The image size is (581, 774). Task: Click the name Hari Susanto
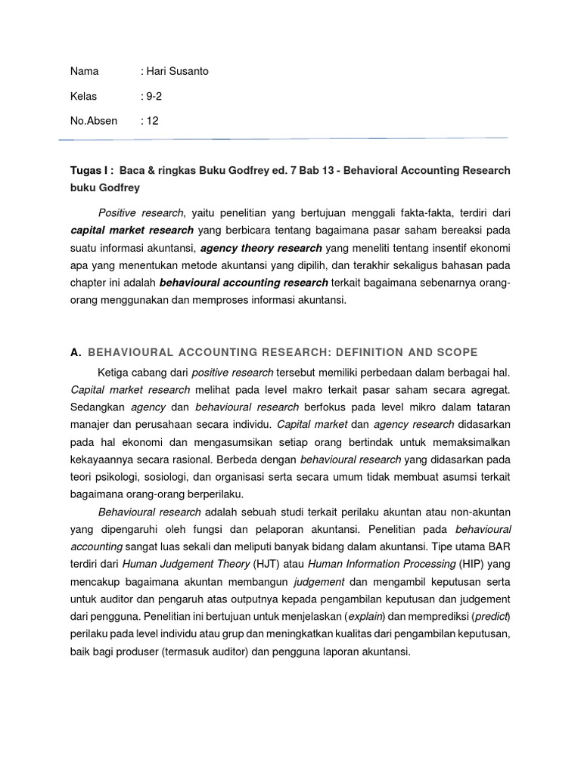coord(177,72)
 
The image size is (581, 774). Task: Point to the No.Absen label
coord(94,121)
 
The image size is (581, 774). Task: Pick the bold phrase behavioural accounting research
coord(244,283)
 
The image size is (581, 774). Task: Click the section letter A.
coord(75,353)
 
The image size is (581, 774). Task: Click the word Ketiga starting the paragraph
coord(114,372)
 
